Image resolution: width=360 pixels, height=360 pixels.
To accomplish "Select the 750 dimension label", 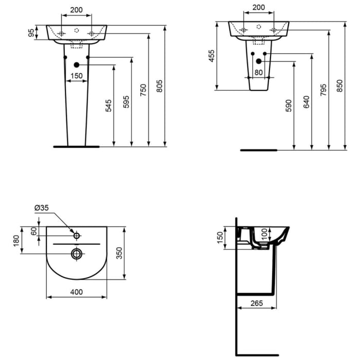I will [x=143, y=90].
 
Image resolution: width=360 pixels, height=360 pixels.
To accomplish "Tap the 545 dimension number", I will [x=109, y=106].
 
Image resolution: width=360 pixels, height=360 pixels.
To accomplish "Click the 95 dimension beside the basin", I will [x=31, y=33].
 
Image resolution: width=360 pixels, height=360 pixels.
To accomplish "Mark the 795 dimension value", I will [x=323, y=90].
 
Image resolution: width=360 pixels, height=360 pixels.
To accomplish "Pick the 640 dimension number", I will [x=307, y=102].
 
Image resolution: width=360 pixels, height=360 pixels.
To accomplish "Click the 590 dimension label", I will [x=289, y=106].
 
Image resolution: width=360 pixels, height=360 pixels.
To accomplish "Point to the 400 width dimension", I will [x=76, y=292].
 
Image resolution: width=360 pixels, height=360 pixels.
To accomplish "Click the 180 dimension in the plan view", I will [x=16, y=240].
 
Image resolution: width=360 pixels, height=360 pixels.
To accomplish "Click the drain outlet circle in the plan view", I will [x=77, y=253].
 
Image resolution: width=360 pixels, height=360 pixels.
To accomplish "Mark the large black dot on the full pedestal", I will [x=77, y=65].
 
